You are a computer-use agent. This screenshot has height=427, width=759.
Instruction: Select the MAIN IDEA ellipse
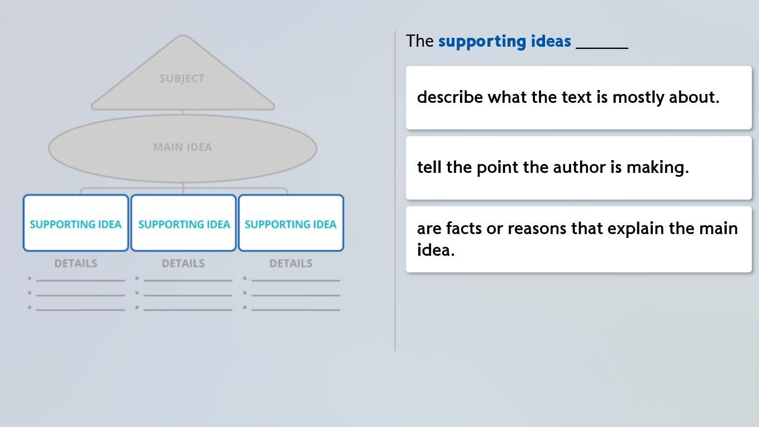tap(183, 148)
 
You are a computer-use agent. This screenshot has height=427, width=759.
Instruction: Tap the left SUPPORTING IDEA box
tap(76, 223)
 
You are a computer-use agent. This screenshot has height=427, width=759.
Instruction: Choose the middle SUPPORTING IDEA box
tap(183, 223)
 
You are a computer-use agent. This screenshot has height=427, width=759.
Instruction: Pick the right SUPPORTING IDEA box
tap(291, 223)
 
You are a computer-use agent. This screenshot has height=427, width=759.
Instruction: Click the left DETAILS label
tap(76, 264)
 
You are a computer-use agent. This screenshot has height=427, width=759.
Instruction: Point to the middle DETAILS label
tap(183, 264)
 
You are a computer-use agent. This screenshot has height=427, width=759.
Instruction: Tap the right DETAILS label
tap(291, 264)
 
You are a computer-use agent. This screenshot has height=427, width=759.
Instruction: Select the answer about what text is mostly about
tap(579, 98)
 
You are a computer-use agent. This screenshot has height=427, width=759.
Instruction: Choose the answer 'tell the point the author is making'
tap(579, 168)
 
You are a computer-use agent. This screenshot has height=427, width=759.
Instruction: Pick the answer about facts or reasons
tap(579, 240)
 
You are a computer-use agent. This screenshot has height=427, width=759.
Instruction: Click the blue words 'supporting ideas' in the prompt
tap(505, 42)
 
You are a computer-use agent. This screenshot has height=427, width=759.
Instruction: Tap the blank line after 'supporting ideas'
tap(602, 48)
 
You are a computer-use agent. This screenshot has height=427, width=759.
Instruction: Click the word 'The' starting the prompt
tap(420, 41)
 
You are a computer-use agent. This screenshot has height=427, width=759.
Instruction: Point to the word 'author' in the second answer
tap(579, 167)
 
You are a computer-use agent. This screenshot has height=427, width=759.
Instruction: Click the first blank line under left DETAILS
tap(81, 280)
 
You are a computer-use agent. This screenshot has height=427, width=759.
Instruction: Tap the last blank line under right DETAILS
tap(296, 310)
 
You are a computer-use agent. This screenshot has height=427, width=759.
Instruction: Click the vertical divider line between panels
tap(395, 191)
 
